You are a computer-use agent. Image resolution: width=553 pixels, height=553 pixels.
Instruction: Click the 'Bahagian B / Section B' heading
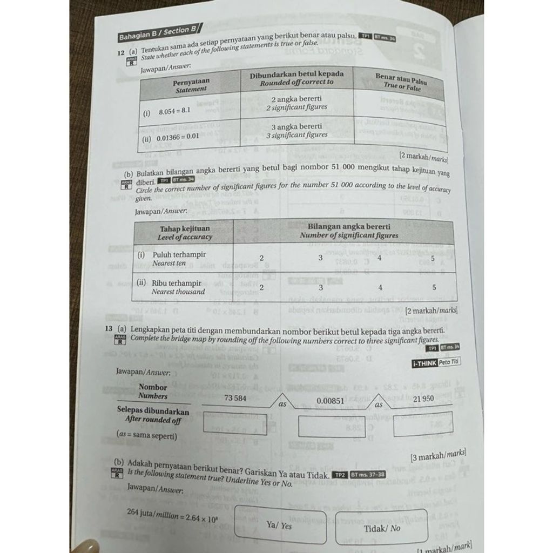pyautogui.click(x=157, y=33)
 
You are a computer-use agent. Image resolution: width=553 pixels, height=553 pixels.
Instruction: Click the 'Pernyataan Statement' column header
pyautogui.click(x=191, y=85)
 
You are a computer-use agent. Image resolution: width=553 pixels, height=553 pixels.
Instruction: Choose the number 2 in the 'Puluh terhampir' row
pyautogui.click(x=261, y=258)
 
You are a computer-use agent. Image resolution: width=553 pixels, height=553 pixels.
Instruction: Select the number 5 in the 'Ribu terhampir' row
pyautogui.click(x=434, y=288)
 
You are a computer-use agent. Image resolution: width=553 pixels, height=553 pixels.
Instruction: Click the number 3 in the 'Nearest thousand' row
pyautogui.click(x=320, y=288)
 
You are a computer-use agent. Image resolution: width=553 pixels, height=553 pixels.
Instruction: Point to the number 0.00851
pyautogui.click(x=330, y=401)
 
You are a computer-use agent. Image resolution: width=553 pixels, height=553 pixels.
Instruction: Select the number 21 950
pyautogui.click(x=423, y=399)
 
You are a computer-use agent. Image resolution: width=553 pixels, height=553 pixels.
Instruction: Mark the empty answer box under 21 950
pyautogui.click(x=423, y=423)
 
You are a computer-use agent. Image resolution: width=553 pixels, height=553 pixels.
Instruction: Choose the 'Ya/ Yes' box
pyautogui.click(x=280, y=525)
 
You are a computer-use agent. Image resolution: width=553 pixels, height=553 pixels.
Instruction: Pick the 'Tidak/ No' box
pyautogui.click(x=381, y=527)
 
